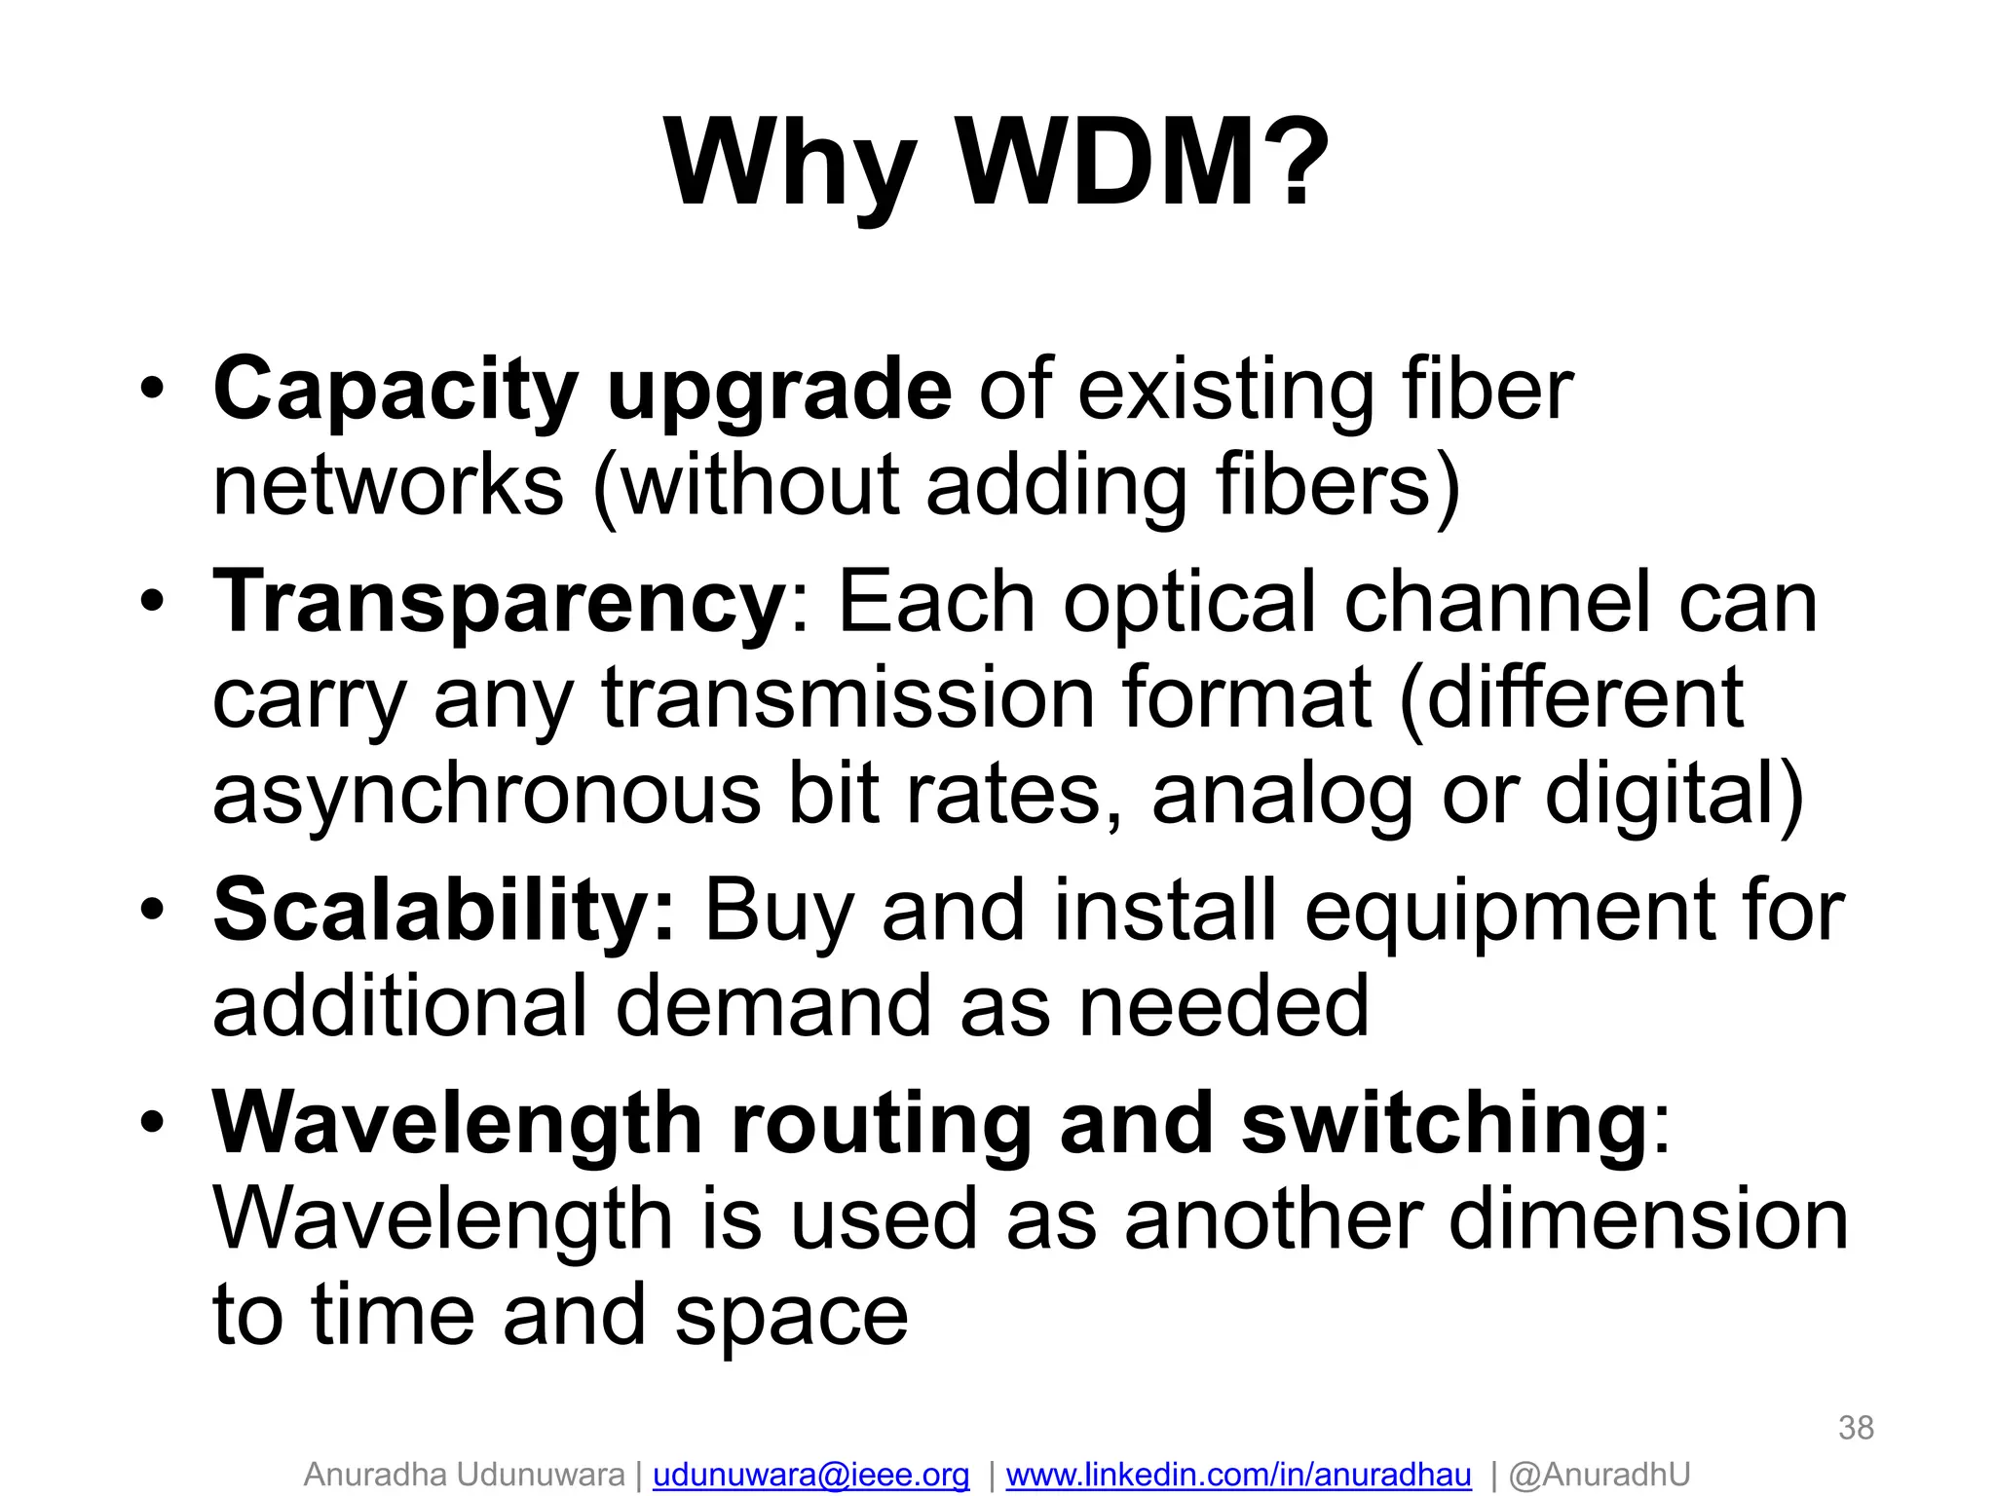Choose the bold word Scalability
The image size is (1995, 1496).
[x=443, y=911]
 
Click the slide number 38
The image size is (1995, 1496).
[x=1856, y=1428]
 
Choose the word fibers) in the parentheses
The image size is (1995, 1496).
[x=1338, y=486]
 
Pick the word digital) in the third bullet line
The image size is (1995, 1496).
[x=1675, y=795]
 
